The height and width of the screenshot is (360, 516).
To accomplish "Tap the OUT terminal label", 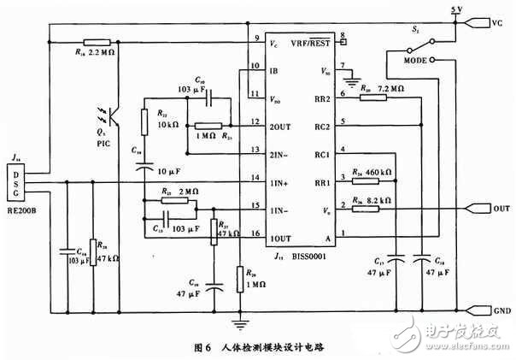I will tap(498, 208).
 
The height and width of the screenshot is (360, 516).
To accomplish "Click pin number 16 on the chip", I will tap(255, 232).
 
